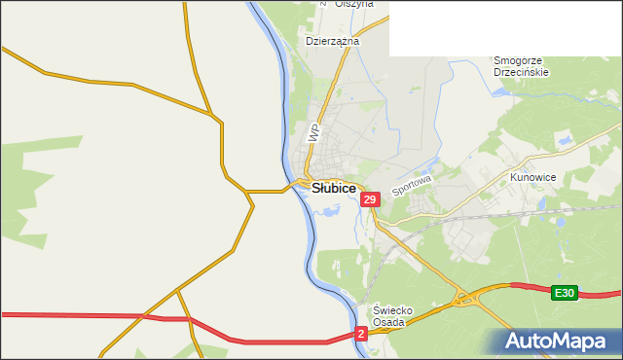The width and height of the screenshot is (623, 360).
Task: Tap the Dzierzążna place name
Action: [x=332, y=42]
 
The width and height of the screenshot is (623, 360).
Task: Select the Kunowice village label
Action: [x=532, y=178]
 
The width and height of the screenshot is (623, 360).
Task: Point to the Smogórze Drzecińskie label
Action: [x=521, y=65]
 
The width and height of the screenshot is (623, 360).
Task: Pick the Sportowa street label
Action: [x=411, y=184]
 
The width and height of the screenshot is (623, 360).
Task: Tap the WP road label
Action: [x=313, y=133]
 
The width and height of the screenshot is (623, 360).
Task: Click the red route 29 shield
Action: [x=369, y=199]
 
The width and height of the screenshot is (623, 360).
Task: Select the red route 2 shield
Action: [x=361, y=334]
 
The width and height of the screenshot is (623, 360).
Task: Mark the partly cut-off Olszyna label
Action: [x=353, y=4]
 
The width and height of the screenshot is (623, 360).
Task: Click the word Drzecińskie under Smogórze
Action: [x=521, y=72]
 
